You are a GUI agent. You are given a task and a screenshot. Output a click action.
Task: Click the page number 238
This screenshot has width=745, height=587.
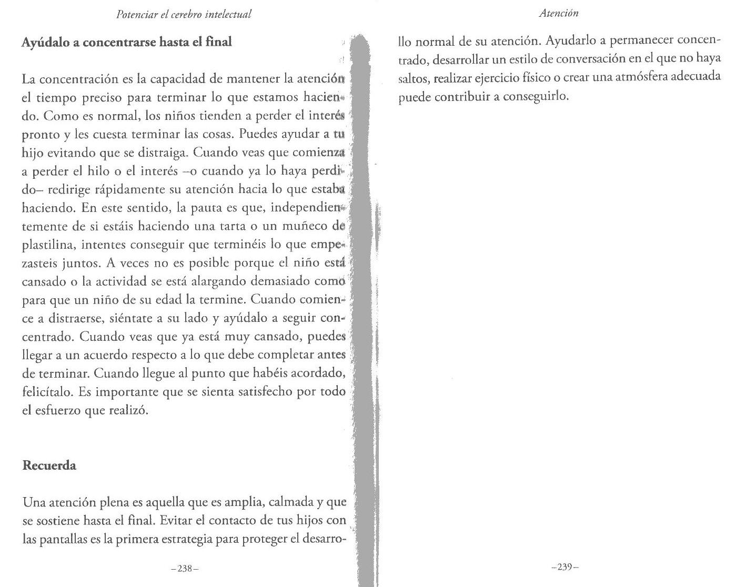(184, 569)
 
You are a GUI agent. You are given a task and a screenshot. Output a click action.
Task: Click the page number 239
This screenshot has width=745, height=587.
(565, 568)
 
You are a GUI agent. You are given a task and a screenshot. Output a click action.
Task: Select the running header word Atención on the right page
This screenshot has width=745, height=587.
(559, 14)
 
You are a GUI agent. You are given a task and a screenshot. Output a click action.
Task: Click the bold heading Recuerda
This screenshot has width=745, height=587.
(49, 465)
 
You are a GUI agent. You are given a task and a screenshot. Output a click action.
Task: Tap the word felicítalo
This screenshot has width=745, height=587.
(46, 392)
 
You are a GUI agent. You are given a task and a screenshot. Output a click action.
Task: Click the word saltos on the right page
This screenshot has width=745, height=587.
(412, 77)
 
